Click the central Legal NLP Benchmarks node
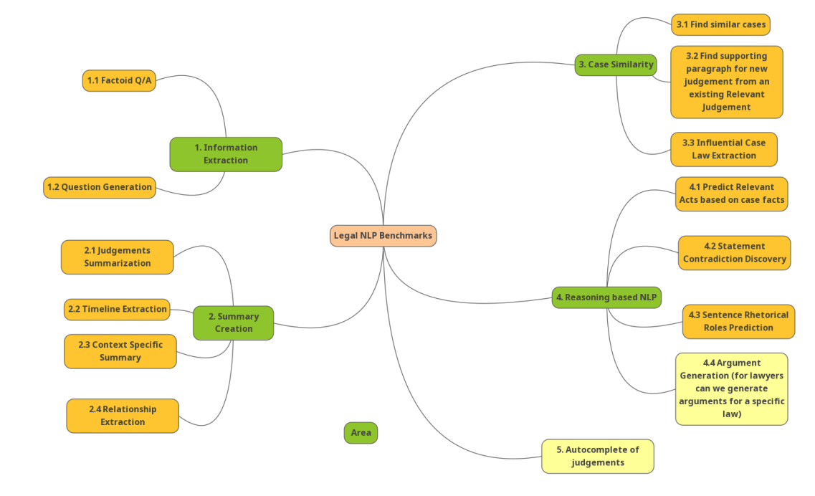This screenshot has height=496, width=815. click(x=383, y=236)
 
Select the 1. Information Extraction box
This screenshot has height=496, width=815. click(x=226, y=154)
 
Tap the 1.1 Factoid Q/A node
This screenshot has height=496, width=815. click(x=119, y=81)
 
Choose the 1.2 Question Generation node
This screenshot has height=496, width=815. click(x=100, y=187)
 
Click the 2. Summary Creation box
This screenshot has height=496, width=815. click(x=233, y=323)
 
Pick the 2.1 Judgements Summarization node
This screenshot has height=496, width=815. click(x=117, y=257)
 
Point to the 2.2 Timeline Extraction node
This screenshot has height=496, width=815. click(x=117, y=310)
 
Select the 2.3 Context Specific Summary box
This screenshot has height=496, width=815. click(x=120, y=351)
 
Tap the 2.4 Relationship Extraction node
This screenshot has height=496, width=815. click(x=123, y=416)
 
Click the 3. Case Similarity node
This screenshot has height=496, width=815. click(x=616, y=65)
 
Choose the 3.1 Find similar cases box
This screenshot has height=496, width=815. click(x=720, y=24)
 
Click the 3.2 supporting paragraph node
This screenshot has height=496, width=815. click(x=726, y=82)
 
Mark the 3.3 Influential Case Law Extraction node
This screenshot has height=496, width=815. click(x=723, y=149)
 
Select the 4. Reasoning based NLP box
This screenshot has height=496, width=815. click(x=606, y=297)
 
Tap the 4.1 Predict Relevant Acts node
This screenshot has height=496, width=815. click(x=731, y=194)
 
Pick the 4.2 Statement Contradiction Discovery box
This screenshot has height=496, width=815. click(x=734, y=252)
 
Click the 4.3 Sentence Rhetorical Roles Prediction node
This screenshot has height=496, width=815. click(x=738, y=321)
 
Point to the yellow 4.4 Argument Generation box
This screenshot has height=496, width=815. click(x=731, y=388)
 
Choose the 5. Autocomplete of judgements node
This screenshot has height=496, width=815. click(x=597, y=456)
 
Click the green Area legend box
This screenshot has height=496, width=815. click(x=361, y=433)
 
